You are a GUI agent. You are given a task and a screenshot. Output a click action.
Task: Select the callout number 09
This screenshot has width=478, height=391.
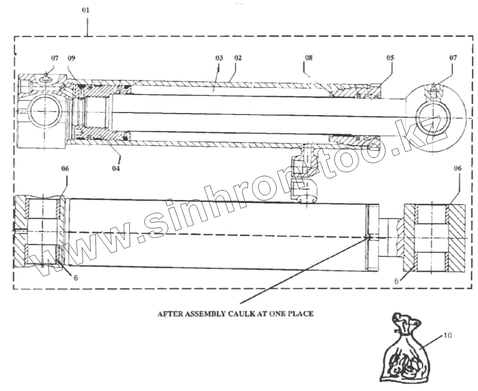[72, 58]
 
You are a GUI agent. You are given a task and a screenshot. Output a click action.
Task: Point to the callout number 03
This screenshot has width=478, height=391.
[219, 58]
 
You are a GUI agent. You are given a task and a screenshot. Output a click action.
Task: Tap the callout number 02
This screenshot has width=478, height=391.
[237, 58]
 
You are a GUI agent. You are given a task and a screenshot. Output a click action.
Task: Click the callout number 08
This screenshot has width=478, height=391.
[309, 58]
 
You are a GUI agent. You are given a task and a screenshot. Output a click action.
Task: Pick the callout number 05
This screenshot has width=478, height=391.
[390, 58]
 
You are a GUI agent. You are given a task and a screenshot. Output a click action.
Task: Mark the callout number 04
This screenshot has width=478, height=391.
[116, 168]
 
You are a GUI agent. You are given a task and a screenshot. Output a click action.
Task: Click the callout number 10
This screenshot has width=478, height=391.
[448, 335]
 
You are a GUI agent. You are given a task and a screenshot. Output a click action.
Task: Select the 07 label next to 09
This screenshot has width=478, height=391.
[55, 58]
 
